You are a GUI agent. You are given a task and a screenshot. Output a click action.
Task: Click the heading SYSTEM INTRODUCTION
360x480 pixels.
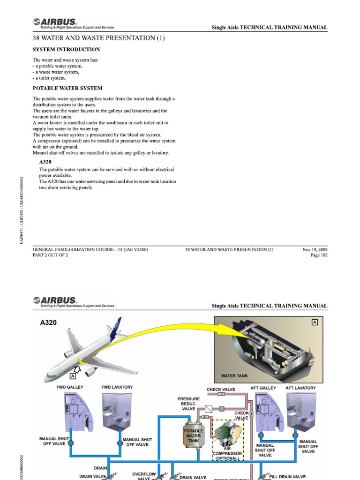[66, 49]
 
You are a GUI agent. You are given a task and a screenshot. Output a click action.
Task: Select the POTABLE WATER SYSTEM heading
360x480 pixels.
[67, 88]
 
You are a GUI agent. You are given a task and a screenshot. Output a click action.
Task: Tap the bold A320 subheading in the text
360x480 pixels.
[45, 161]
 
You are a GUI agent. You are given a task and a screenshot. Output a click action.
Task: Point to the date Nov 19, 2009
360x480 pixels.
[315, 249]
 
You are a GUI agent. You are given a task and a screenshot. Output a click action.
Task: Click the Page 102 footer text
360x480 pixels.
[318, 255]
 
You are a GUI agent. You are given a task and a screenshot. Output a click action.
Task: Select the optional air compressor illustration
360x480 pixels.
[228, 434]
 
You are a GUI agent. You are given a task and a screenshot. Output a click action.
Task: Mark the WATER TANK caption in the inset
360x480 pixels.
[234, 376]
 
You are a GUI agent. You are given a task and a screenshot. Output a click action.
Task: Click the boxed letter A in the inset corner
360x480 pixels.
[314, 322]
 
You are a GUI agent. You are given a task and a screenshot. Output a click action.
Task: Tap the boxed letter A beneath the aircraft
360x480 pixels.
[73, 376]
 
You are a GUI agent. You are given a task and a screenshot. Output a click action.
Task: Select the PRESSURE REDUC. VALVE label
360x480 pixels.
[188, 404]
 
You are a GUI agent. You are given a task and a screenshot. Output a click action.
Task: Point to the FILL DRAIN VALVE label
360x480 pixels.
[287, 477]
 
